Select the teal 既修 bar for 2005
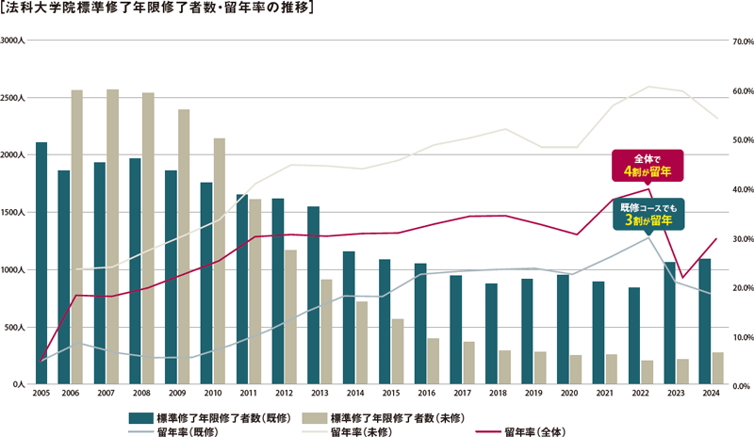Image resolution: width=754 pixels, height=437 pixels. coord(41,264)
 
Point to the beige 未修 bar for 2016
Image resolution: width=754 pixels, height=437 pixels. coord(434,362)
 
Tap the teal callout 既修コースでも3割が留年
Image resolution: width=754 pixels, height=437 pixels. coord(647,213)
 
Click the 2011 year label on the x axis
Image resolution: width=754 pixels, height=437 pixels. coord(248,394)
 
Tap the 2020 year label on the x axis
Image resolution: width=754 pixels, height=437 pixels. coord(569,394)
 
